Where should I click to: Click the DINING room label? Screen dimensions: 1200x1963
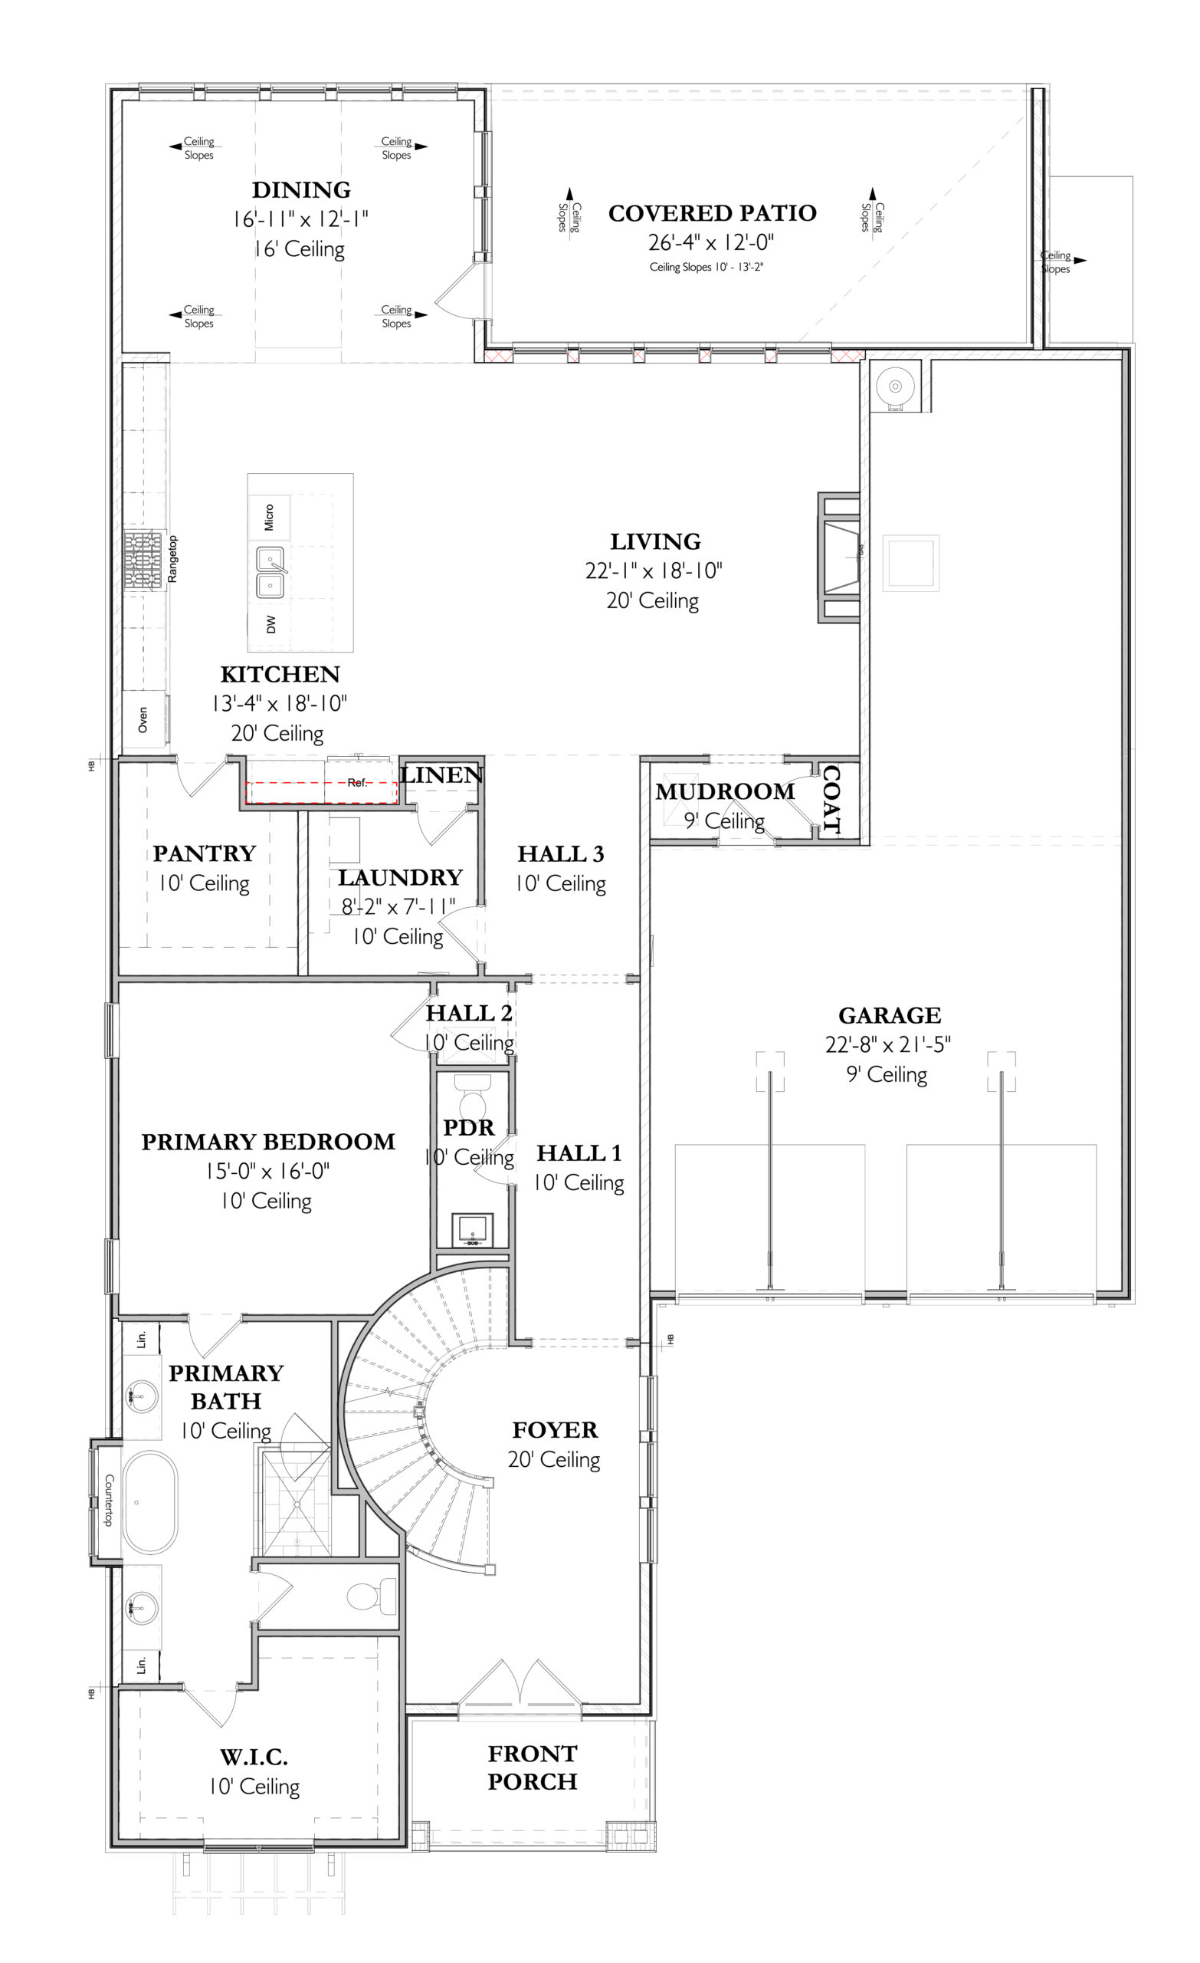click(301, 189)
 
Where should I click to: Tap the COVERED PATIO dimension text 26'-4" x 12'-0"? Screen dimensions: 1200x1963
click(711, 242)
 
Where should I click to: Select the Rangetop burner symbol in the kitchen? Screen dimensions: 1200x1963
click(143, 560)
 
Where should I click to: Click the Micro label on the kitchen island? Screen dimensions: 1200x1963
click(269, 517)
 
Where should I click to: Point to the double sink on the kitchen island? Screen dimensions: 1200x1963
click(270, 572)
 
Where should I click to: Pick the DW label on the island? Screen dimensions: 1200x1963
click(271, 624)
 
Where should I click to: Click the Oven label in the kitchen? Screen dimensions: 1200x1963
click(143, 719)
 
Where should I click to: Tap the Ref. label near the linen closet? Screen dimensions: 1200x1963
click(358, 782)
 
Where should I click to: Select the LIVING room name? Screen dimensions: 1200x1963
click(655, 541)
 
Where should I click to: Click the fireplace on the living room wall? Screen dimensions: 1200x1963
click(839, 557)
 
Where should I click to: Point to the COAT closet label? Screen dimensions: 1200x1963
click(831, 799)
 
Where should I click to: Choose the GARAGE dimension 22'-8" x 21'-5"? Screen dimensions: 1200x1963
click(888, 1044)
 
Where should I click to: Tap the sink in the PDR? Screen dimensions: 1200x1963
click(472, 1230)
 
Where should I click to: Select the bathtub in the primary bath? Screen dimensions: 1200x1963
click(149, 1502)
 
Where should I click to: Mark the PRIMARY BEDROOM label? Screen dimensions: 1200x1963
click(268, 1142)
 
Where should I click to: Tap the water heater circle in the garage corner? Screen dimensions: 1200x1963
click(895, 386)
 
